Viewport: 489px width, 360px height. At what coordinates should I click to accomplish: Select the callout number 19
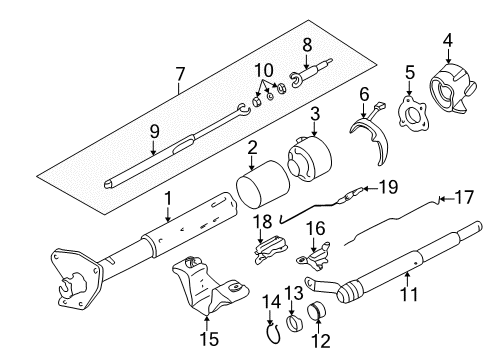point(388,186)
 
